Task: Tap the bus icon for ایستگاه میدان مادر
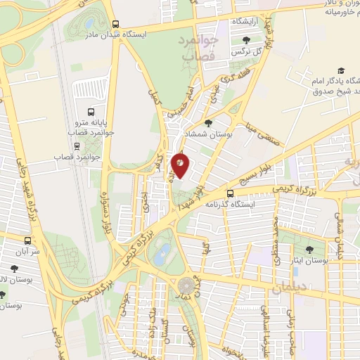[x=115, y=22]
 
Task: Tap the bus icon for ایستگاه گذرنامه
[x=231, y=193]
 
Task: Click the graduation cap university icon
[x=341, y=71]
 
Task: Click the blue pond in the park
[x=162, y=253]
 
